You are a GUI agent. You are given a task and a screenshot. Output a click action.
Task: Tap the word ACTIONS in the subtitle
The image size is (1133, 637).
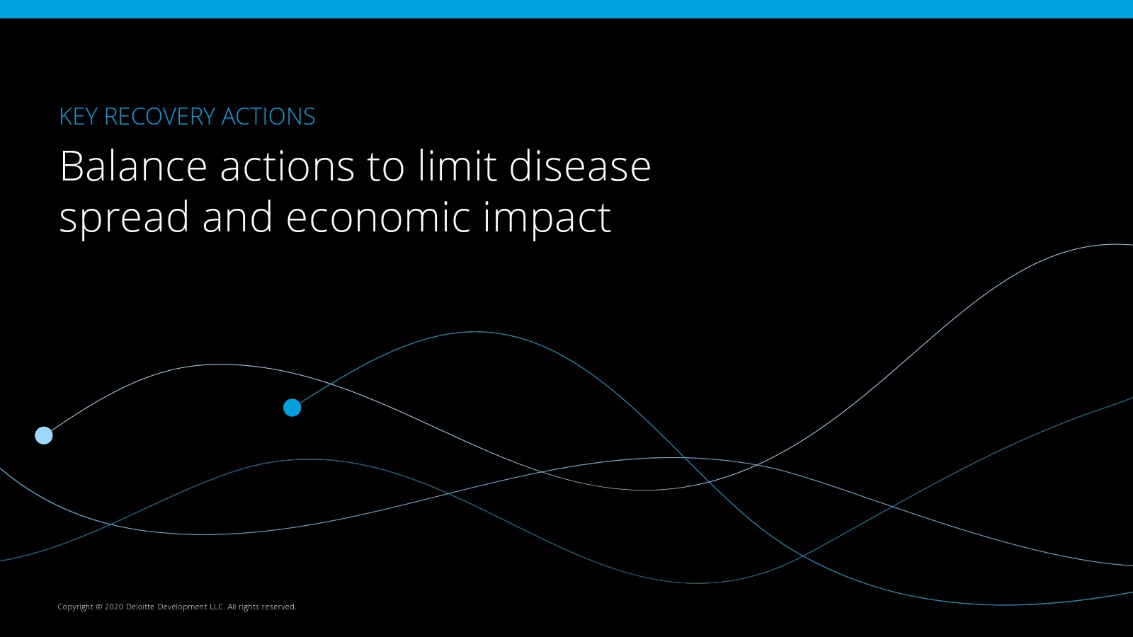pyautogui.click(x=268, y=116)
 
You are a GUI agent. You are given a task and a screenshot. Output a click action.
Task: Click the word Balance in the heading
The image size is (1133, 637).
pyautogui.click(x=134, y=166)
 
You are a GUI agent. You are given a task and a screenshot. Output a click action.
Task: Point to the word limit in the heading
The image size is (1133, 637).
pyautogui.click(x=457, y=165)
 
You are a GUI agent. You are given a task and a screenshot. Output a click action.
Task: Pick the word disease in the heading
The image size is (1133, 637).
pyautogui.click(x=580, y=165)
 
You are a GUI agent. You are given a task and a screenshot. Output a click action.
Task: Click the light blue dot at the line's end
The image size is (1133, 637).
pyautogui.click(x=44, y=435)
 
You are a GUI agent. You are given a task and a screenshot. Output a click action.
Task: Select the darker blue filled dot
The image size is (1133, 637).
pyautogui.click(x=292, y=408)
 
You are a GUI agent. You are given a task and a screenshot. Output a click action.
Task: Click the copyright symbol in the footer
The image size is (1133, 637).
pyautogui.click(x=98, y=607)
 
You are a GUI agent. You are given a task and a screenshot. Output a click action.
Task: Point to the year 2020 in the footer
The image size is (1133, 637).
pyautogui.click(x=114, y=607)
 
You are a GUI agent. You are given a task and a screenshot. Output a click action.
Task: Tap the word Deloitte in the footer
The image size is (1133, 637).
pyautogui.click(x=140, y=607)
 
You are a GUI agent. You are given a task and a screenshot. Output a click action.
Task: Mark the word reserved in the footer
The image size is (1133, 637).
pyautogui.click(x=279, y=607)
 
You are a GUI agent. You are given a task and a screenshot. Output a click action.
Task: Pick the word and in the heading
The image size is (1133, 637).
pyautogui.click(x=238, y=217)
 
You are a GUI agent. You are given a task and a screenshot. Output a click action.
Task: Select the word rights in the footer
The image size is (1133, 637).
pyautogui.click(x=249, y=607)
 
